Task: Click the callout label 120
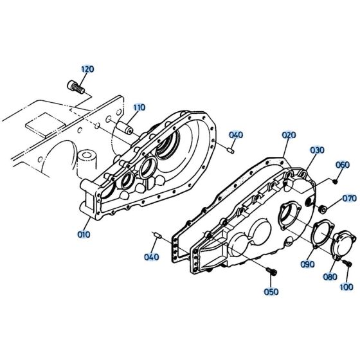[x=87, y=69]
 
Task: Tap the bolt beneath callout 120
[x=76, y=86]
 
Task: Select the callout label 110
[x=139, y=107]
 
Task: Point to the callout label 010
[x=84, y=235]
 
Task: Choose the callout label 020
[x=289, y=135]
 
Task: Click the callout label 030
[x=318, y=150]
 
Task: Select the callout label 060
[x=342, y=164]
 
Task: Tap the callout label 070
[x=349, y=198]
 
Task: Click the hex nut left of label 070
[x=323, y=208]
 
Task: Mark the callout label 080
[x=329, y=277]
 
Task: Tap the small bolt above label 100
[x=346, y=264]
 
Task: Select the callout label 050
[x=271, y=291]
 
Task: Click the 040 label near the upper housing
[x=236, y=135]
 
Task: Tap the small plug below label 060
[x=335, y=181]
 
